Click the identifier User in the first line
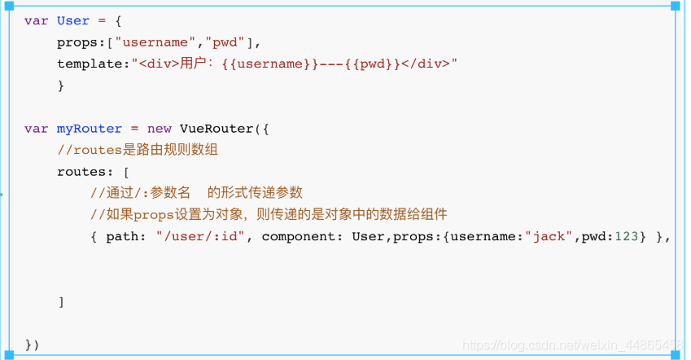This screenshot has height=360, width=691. coord(72,20)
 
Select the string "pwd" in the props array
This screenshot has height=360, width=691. coord(225,42)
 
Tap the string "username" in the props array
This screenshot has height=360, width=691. coord(155,42)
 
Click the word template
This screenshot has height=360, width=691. coord(90,64)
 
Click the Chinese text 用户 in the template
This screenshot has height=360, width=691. coord(193,64)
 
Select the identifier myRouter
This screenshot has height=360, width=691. coord(89,129)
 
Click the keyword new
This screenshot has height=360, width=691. coord(159,129)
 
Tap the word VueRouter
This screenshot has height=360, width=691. coord(216,129)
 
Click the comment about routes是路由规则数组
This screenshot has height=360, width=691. coord(138,150)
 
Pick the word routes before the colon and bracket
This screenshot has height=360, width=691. coord(81,172)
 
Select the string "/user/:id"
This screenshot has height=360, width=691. coord(200,236)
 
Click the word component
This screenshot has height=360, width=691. coord(299,237)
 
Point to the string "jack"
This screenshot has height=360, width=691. coord(549,237)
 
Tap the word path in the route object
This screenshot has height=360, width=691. coord(122,237)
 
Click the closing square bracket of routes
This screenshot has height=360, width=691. coord(61,302)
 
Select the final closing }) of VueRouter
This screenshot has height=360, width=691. coord(33,345)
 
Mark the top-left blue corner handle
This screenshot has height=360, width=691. coord(9,6)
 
